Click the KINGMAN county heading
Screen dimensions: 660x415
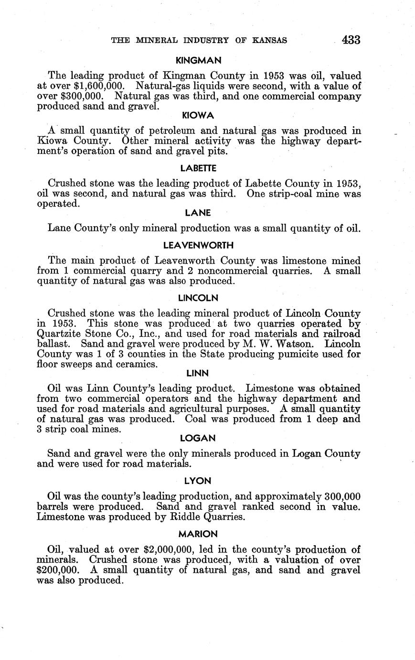198,61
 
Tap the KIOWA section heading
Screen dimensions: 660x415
198,116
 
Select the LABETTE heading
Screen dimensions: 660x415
198,168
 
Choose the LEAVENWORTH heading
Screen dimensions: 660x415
198,245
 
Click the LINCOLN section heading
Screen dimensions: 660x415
198,297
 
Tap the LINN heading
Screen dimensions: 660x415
198,373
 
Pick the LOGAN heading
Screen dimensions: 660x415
198,438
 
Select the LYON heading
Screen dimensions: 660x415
198,481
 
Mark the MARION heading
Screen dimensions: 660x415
198,533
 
